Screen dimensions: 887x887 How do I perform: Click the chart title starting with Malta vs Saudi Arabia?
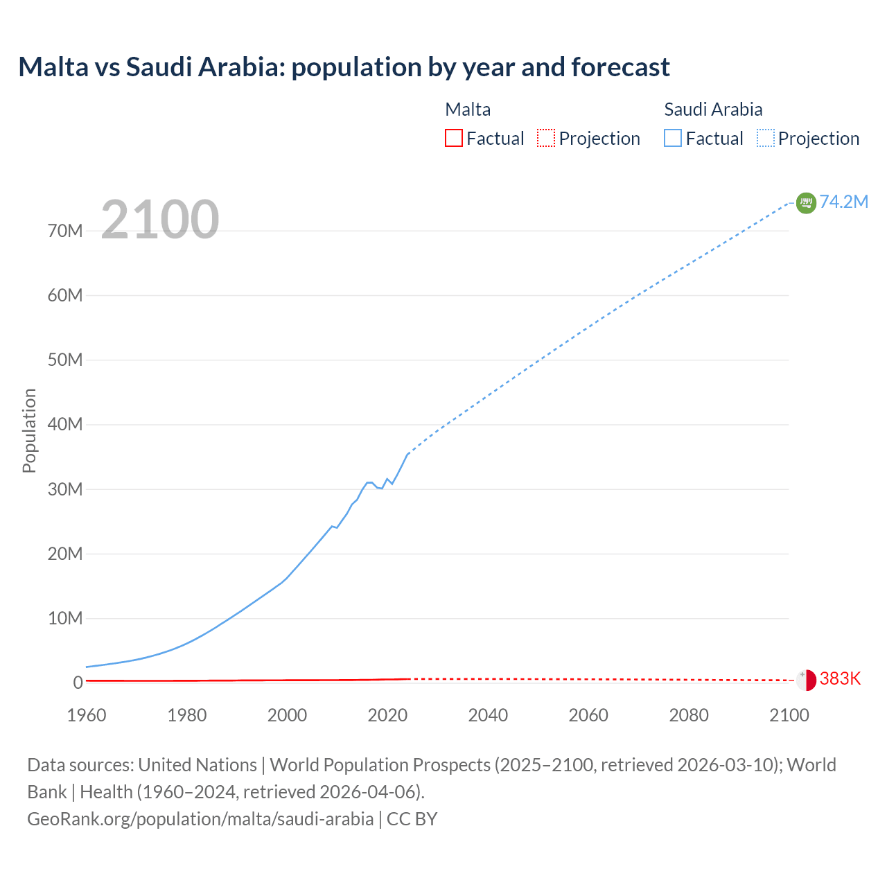(344, 67)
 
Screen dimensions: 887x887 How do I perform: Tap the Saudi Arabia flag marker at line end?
(806, 202)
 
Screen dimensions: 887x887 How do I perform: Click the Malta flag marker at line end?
(806, 680)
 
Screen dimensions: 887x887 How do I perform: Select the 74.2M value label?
(843, 202)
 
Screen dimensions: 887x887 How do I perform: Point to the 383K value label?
(840, 679)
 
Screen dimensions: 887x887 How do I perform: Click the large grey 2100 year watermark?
(160, 220)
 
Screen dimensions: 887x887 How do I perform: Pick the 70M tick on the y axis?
(65, 231)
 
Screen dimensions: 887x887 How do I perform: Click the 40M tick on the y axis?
(65, 424)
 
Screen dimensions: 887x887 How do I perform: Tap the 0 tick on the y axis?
(78, 683)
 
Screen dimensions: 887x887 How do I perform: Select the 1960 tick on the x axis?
(87, 715)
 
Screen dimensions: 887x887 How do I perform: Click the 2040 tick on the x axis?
(488, 715)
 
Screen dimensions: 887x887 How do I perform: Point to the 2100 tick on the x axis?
(789, 715)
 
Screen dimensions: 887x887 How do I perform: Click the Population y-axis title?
(29, 430)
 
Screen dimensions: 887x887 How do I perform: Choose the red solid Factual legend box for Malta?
(454, 138)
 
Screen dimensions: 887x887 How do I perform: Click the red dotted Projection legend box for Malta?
(546, 138)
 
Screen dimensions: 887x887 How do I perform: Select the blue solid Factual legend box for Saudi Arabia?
(673, 138)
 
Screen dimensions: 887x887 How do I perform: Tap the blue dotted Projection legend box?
(766, 138)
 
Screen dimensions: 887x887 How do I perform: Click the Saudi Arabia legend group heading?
(713, 109)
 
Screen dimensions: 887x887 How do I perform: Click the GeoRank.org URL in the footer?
(200, 819)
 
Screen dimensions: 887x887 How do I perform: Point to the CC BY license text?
(412, 819)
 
